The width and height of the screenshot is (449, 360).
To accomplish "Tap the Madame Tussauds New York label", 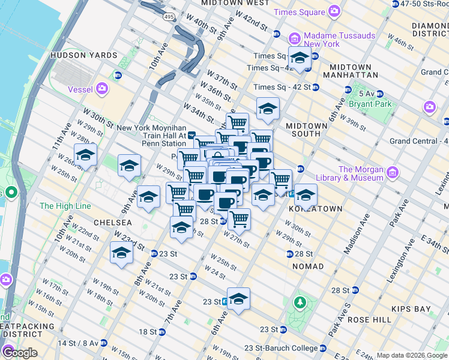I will pyautogui.click(x=339, y=40).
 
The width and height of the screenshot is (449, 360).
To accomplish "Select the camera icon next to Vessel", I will pyautogui.click(x=102, y=89).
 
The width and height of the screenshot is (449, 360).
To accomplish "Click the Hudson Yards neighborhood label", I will pyautogui.click(x=83, y=55).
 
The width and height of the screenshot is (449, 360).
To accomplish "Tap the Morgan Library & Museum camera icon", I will pyautogui.click(x=393, y=174).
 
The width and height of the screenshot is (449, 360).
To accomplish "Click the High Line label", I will pyautogui.click(x=65, y=206).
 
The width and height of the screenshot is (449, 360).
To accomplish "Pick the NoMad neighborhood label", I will pyautogui.click(x=309, y=266).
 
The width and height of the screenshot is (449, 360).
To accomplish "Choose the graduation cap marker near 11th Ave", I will pyautogui.click(x=85, y=155).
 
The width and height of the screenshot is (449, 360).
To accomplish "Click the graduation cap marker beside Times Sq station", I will pyautogui.click(x=300, y=58).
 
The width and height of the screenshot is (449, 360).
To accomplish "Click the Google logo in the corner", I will pyautogui.click(x=20, y=353).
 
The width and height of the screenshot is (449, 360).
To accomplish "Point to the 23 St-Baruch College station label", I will pyautogui.click(x=288, y=348).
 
